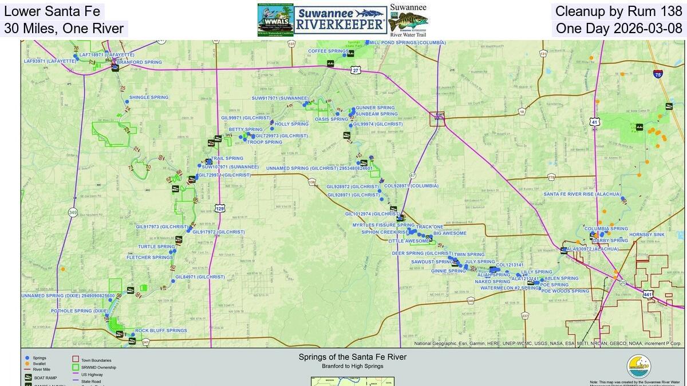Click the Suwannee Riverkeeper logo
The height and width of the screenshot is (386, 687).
point(340,20)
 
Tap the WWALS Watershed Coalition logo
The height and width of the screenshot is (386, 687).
point(275,20)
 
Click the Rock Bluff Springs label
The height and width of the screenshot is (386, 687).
point(161,331)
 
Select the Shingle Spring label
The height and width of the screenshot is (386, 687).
point(149,97)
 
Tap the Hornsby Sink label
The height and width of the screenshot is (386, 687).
point(646,234)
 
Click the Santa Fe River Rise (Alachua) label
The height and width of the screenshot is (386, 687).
point(582,194)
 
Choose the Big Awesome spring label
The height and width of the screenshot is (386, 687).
point(449,233)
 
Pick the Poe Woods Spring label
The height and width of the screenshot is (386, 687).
point(565,291)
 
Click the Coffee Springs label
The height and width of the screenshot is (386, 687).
point(328,51)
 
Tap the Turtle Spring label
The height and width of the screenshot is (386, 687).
point(156,247)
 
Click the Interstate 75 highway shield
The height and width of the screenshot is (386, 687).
point(658,74)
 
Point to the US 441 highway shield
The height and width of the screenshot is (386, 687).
point(647,294)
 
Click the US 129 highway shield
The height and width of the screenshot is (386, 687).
point(219,209)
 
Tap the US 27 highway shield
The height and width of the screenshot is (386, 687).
point(356,70)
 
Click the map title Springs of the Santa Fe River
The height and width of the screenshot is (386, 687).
point(352,357)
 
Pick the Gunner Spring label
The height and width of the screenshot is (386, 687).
point(375,108)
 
